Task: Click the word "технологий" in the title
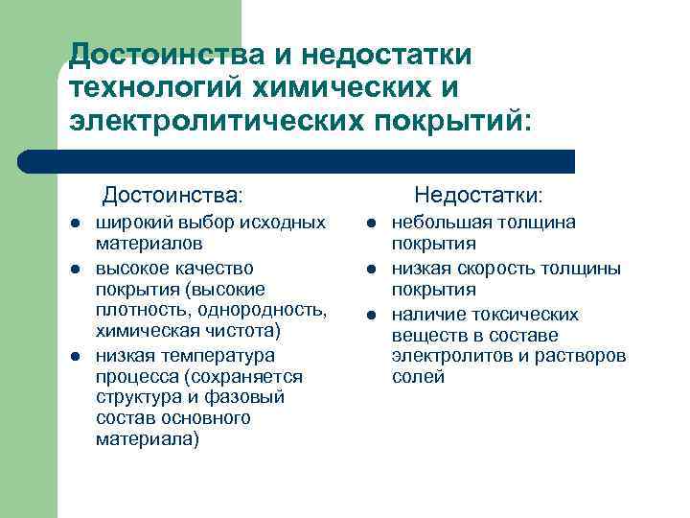[154, 87]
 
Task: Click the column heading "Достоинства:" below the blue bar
[172, 196]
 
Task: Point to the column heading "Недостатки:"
[478, 196]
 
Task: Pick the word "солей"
[418, 377]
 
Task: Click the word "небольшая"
[435, 223]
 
